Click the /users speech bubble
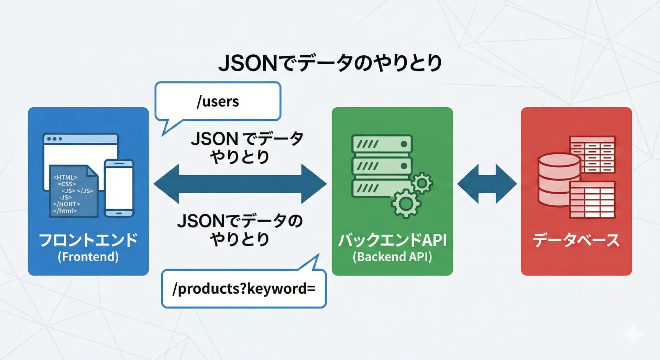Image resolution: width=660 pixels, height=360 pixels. (x=218, y=101)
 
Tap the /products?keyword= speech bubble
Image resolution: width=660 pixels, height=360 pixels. (x=244, y=288)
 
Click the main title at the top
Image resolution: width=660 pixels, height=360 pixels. (x=330, y=63)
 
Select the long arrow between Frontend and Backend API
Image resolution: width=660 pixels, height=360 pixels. (x=240, y=184)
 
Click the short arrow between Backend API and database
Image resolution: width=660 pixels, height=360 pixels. (x=487, y=184)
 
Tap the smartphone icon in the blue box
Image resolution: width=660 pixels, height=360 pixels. (x=119, y=188)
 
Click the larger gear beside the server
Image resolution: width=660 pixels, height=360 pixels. (x=406, y=204)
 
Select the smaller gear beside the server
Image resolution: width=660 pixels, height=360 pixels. (x=422, y=183)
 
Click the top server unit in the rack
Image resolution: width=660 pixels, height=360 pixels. (x=382, y=144)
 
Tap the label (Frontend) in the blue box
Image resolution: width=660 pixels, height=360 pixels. (x=88, y=257)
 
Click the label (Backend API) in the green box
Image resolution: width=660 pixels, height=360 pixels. (x=392, y=257)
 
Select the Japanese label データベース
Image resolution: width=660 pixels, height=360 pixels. (x=576, y=240)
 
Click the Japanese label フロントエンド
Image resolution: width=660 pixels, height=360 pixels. (x=88, y=240)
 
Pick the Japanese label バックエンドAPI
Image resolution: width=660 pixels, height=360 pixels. (x=392, y=240)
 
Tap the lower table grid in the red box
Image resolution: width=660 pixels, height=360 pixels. (x=592, y=200)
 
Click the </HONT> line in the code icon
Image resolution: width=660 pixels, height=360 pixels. (x=66, y=204)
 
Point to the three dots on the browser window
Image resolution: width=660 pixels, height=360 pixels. (x=54, y=139)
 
